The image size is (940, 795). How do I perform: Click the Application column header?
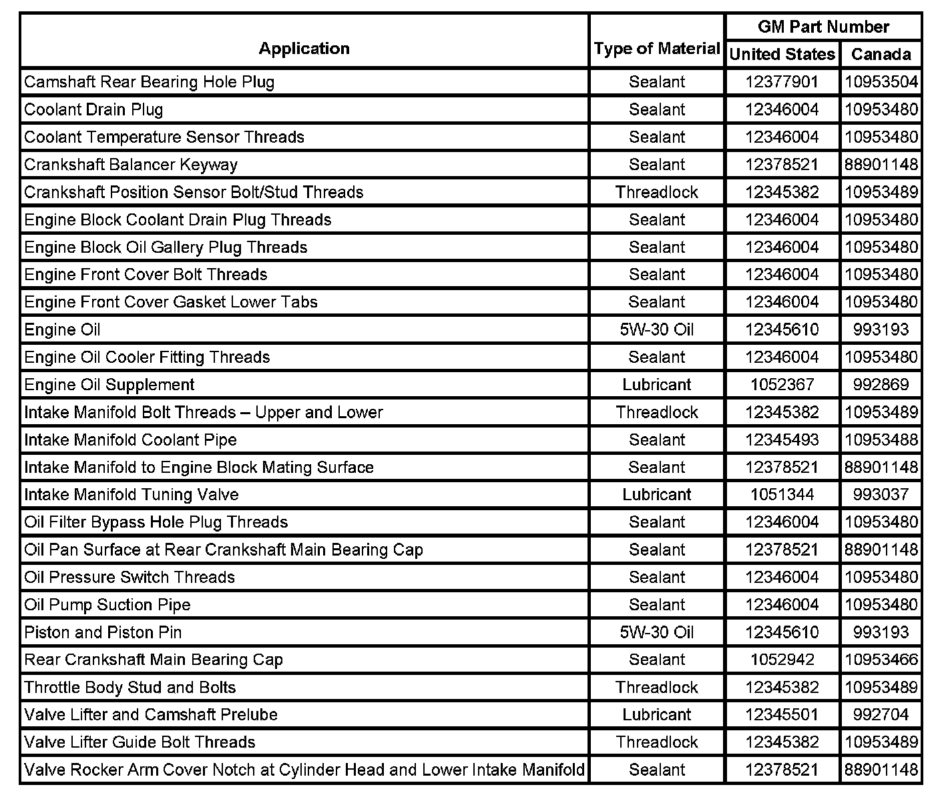(304, 49)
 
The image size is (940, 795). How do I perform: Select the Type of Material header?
(657, 49)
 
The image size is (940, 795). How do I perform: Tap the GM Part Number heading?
(823, 27)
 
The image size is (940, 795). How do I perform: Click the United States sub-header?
(782, 54)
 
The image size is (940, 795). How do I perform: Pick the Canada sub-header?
(881, 54)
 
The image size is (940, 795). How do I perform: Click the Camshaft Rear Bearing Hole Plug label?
(149, 82)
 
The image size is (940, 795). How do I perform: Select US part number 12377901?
(782, 82)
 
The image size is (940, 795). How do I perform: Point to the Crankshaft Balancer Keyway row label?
(131, 165)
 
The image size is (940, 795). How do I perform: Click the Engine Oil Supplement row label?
(109, 385)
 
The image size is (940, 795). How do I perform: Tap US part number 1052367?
(782, 385)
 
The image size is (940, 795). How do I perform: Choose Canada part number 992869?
(881, 385)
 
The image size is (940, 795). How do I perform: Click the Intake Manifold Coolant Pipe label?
(130, 440)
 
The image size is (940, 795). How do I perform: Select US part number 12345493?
(782, 440)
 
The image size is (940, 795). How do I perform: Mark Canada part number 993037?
(881, 495)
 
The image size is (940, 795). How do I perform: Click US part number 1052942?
(782, 660)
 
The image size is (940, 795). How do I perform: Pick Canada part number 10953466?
(881, 660)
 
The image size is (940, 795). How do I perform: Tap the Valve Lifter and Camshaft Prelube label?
(151, 715)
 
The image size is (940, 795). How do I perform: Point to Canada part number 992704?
(881, 715)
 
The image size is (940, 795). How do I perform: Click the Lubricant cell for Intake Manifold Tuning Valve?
(657, 495)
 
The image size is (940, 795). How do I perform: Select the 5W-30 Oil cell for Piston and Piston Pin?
(657, 632)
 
